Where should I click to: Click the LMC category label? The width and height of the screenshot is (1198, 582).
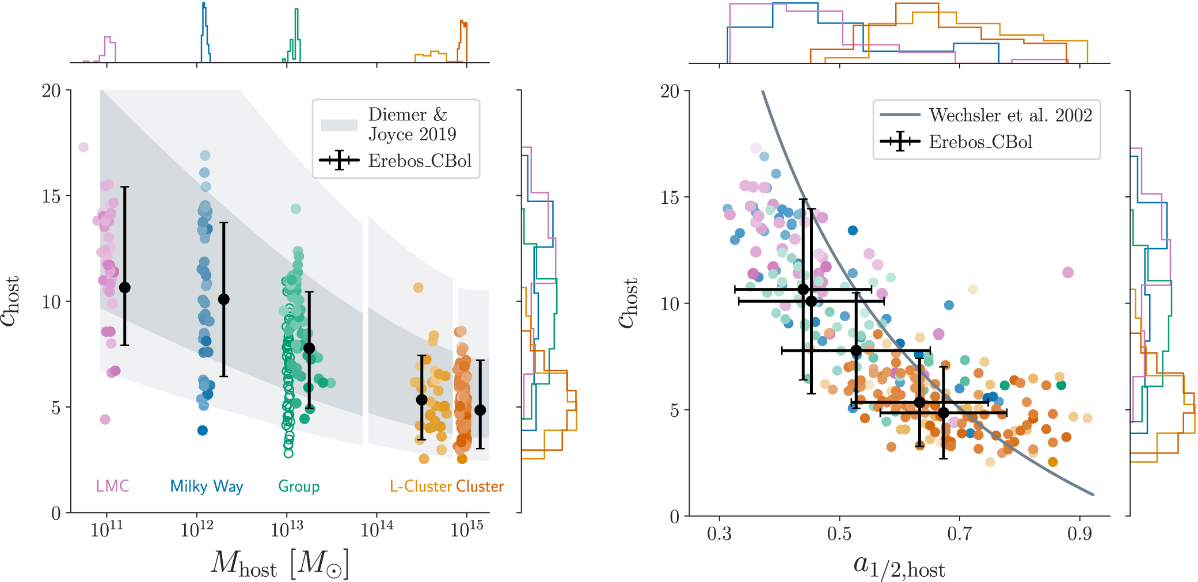tap(112, 486)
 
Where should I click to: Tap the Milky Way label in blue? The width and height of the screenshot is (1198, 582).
tap(207, 486)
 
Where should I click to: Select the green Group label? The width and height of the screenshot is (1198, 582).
tap(299, 486)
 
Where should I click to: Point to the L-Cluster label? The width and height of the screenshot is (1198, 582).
tap(421, 486)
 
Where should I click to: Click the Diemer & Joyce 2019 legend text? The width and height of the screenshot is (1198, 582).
tap(412, 124)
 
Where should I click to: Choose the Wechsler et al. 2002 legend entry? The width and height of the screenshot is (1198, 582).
tap(1010, 115)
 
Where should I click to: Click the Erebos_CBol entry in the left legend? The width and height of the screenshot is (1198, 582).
tap(420, 161)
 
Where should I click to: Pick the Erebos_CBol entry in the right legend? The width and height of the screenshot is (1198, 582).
tap(980, 142)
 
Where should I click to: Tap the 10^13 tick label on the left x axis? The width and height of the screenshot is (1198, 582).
tap(287, 528)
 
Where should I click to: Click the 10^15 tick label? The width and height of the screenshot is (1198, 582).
tap(467, 528)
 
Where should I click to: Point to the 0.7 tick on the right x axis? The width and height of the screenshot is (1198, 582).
tap(959, 534)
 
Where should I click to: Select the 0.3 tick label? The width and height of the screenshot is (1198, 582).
tap(719, 534)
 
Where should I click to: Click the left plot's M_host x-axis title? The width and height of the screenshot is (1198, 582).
tap(280, 564)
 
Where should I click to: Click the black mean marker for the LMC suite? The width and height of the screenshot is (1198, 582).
tap(124, 287)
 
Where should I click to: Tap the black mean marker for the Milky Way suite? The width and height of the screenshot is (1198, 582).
tap(224, 299)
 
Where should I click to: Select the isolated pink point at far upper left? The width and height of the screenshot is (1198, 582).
tap(83, 147)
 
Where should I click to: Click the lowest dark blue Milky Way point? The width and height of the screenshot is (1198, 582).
tap(203, 430)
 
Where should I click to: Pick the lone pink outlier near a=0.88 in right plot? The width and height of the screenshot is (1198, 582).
tap(1068, 272)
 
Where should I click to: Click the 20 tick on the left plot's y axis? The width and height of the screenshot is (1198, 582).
tap(51, 90)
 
